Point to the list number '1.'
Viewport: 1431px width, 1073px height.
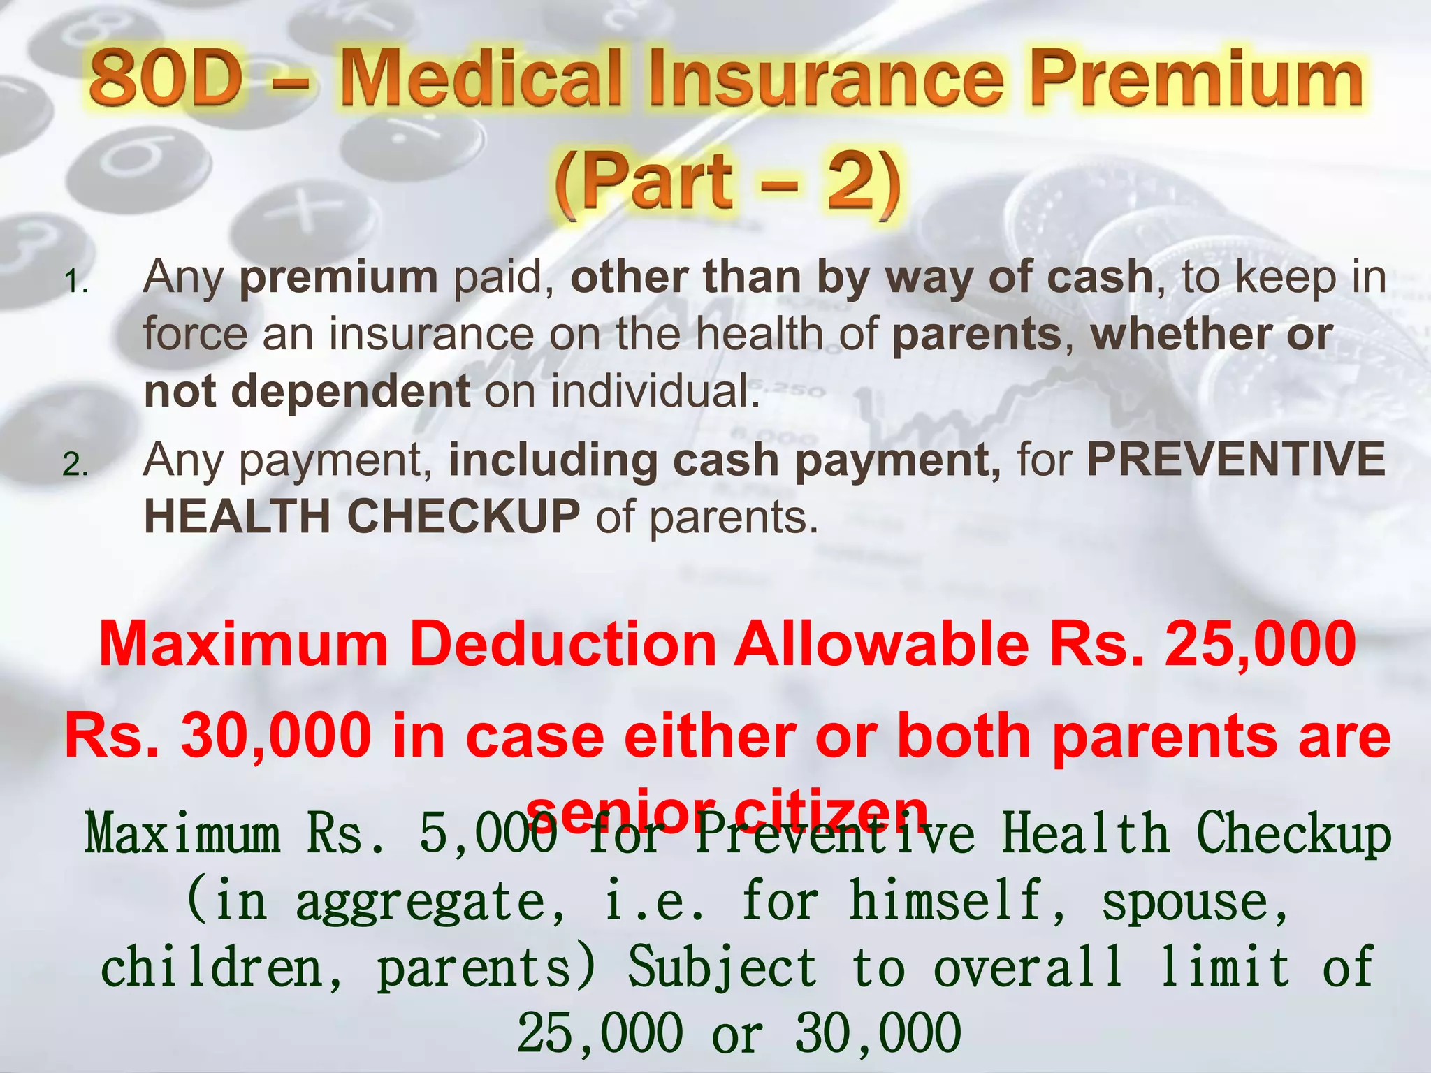[x=75, y=282]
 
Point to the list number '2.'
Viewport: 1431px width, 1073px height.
[x=75, y=465]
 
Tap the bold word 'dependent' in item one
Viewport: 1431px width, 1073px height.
[x=350, y=390]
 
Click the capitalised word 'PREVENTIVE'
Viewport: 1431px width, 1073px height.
[x=1235, y=459]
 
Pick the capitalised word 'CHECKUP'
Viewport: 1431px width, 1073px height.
[x=463, y=516]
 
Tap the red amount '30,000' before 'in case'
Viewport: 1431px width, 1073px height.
[x=276, y=736]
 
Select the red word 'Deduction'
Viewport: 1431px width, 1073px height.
[x=567, y=643]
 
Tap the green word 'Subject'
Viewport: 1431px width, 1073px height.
[x=722, y=968]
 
